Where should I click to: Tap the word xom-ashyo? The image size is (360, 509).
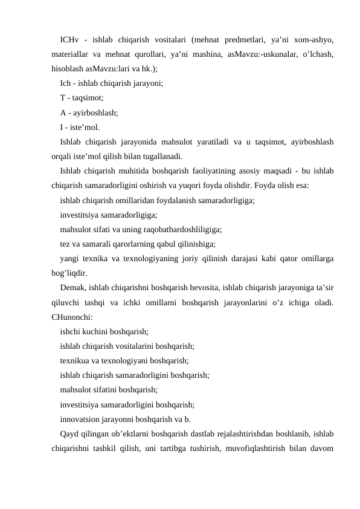[315, 41]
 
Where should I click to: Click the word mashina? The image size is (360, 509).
[205, 54]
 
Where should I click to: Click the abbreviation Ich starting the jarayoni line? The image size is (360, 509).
[66, 83]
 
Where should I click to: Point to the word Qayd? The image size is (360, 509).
[69, 433]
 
